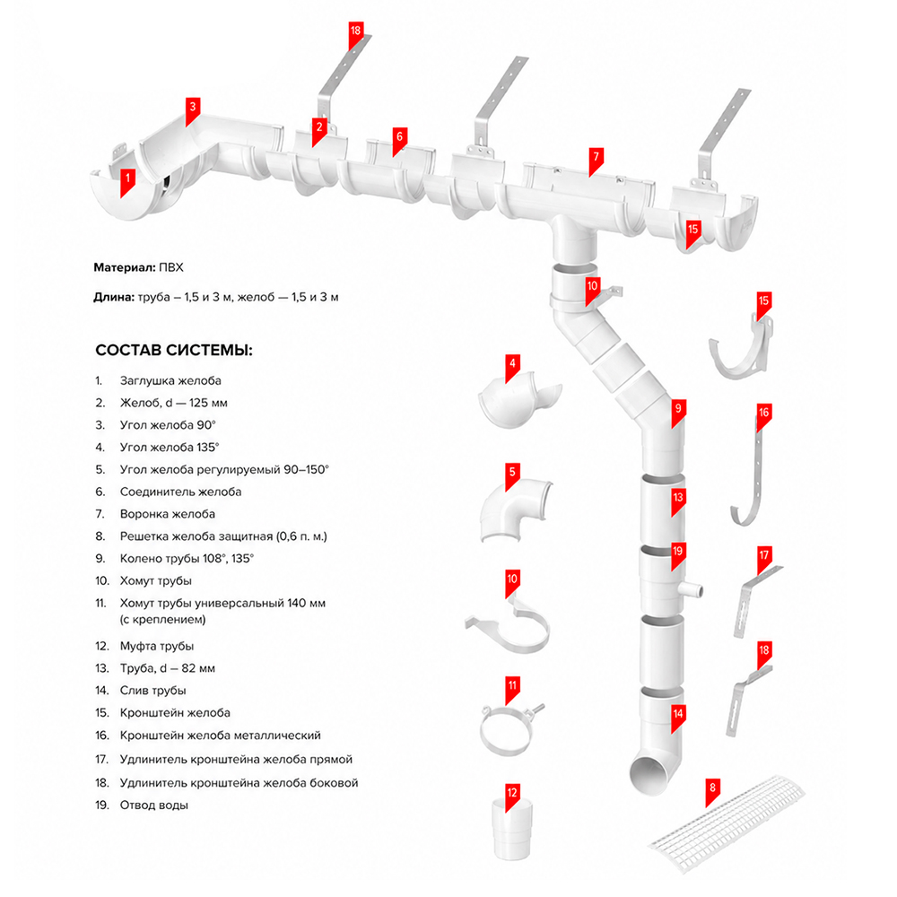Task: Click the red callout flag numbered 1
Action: click(127, 181)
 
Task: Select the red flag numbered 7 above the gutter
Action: click(597, 161)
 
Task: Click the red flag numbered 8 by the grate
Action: click(712, 792)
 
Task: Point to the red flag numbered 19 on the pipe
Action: click(678, 555)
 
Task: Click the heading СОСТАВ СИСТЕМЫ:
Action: click(174, 350)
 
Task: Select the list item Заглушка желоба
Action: click(170, 380)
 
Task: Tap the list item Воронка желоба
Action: click(168, 514)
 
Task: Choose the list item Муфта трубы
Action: click(157, 646)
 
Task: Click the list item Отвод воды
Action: click(154, 805)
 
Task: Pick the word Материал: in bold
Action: click(122, 267)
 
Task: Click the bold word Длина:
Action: click(114, 297)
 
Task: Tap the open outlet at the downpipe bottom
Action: click(649, 776)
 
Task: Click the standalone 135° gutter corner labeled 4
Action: click(518, 400)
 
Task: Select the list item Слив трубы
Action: click(152, 691)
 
